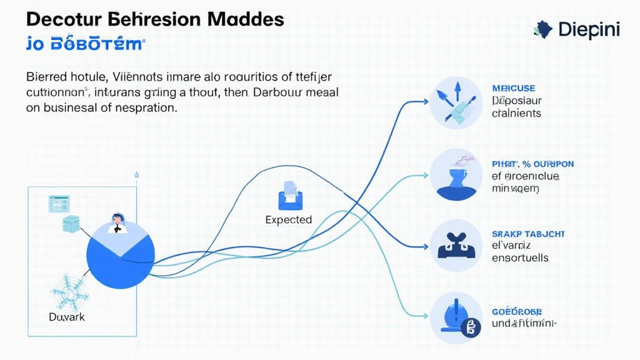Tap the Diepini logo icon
[543, 28]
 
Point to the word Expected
[288, 220]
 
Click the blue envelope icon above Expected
[290, 196]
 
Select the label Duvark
[66, 317]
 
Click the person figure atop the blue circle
[117, 223]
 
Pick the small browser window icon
[59, 203]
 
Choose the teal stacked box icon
[71, 224]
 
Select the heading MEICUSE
[514, 88]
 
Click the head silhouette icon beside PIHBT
[456, 174]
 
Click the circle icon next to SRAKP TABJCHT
[456, 245]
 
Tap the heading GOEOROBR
[517, 311]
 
